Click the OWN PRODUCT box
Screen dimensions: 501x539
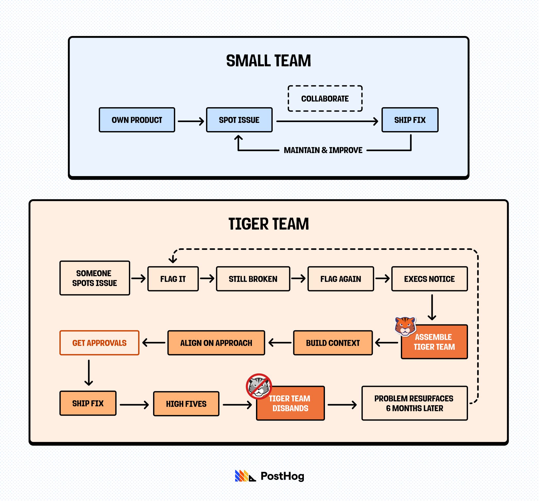point(137,120)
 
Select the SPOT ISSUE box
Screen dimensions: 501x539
point(239,120)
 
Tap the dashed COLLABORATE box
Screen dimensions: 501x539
point(325,98)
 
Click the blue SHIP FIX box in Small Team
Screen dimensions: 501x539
point(410,120)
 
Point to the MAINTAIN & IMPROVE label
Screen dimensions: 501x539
point(323,150)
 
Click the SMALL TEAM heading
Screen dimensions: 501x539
point(268,61)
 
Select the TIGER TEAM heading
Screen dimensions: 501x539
point(268,224)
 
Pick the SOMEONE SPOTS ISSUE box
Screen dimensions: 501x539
point(95,278)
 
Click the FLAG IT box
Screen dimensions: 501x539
point(173,279)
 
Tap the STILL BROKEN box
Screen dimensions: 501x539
point(253,279)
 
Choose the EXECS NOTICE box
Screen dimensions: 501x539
point(429,279)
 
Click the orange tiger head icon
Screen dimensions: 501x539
point(405,326)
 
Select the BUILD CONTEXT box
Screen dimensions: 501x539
point(333,343)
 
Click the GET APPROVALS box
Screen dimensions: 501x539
point(99,343)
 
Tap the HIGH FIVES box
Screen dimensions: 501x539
point(186,404)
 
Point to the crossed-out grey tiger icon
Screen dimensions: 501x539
point(259,386)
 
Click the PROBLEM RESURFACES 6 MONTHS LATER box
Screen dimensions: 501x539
point(414,403)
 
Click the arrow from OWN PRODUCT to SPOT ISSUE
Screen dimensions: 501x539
point(191,121)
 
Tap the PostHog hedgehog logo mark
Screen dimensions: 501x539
point(245,476)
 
